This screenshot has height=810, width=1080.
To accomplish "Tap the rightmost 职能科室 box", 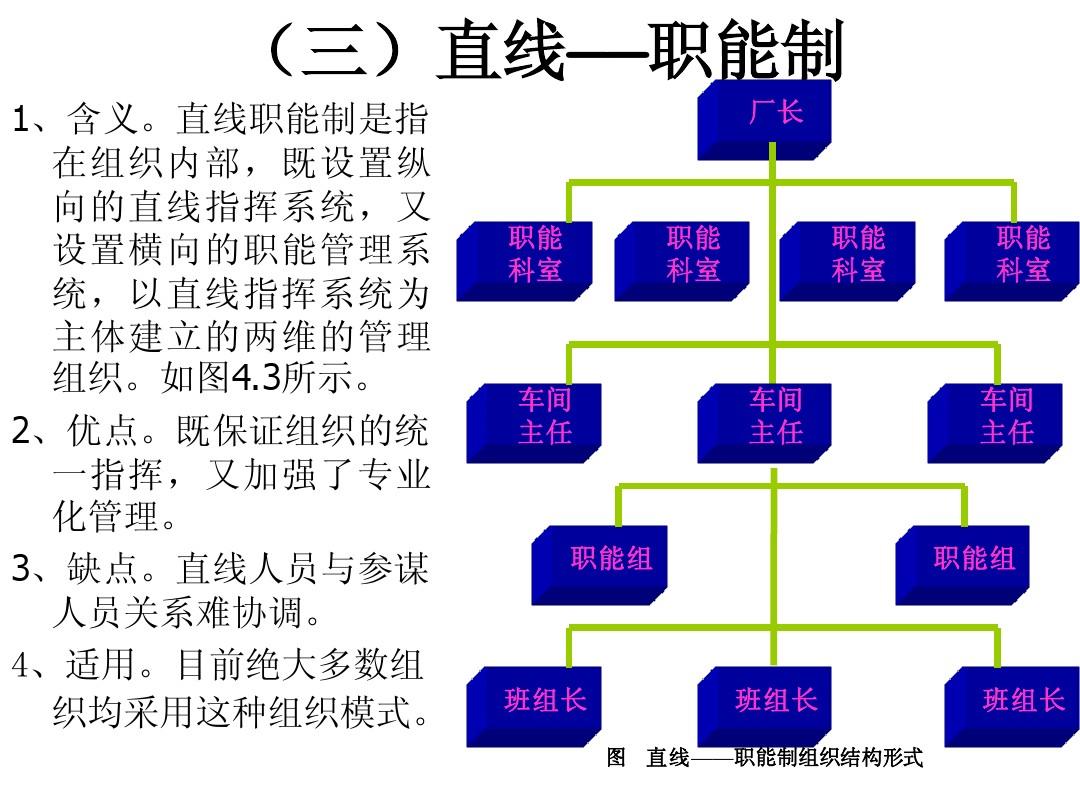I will (1014, 257).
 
